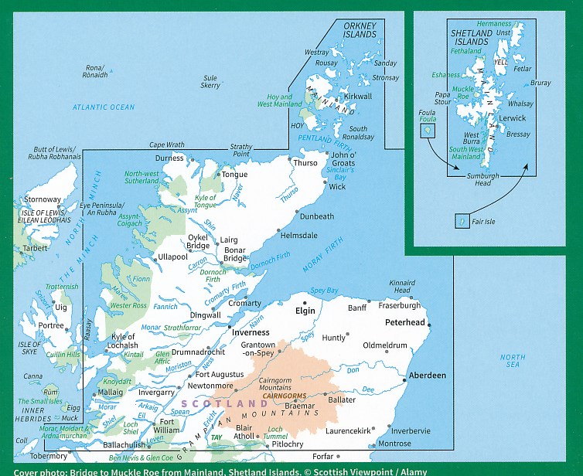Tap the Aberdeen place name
(x=428, y=375)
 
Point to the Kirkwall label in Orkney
(x=358, y=97)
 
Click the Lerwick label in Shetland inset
(x=513, y=118)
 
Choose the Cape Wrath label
(x=167, y=144)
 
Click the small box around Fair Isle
(x=462, y=222)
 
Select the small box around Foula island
(x=426, y=131)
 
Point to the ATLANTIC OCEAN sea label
(x=103, y=107)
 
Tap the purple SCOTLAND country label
(x=224, y=404)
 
